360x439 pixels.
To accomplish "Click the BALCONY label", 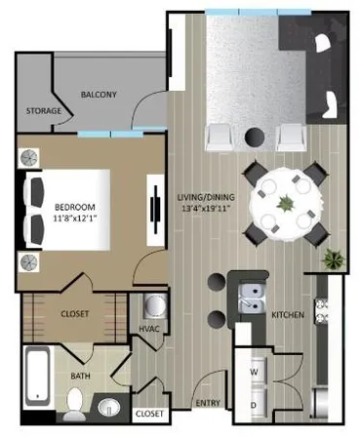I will tap(98, 95).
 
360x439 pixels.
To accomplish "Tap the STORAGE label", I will tap(43, 111).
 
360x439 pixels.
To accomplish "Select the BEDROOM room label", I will tap(73, 207).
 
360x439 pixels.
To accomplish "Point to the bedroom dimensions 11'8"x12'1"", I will tap(73, 219).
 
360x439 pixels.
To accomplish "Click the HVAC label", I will tap(149, 329).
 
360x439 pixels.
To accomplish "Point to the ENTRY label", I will tap(207, 403).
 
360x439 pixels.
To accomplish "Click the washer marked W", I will tap(254, 372).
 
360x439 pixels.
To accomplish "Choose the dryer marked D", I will tap(254, 404).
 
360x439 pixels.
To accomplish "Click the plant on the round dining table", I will tap(285, 204).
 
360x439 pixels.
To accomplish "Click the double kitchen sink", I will tap(251, 293).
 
